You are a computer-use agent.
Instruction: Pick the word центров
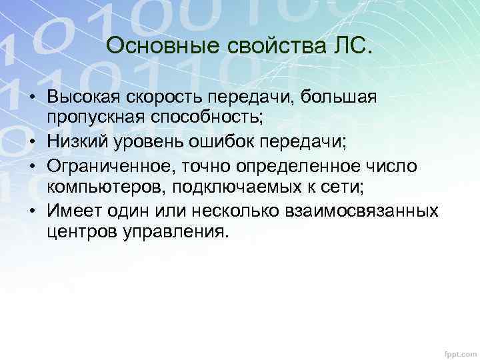point(79,231)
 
